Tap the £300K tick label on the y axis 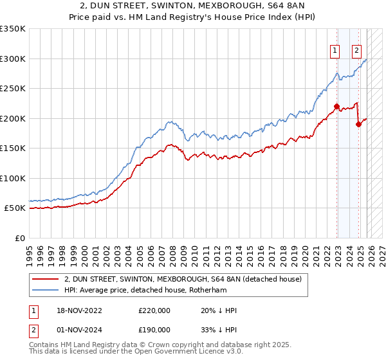13,59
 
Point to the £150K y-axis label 13,148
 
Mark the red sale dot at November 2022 336,107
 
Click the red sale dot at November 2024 358,125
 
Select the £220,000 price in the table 154,310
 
